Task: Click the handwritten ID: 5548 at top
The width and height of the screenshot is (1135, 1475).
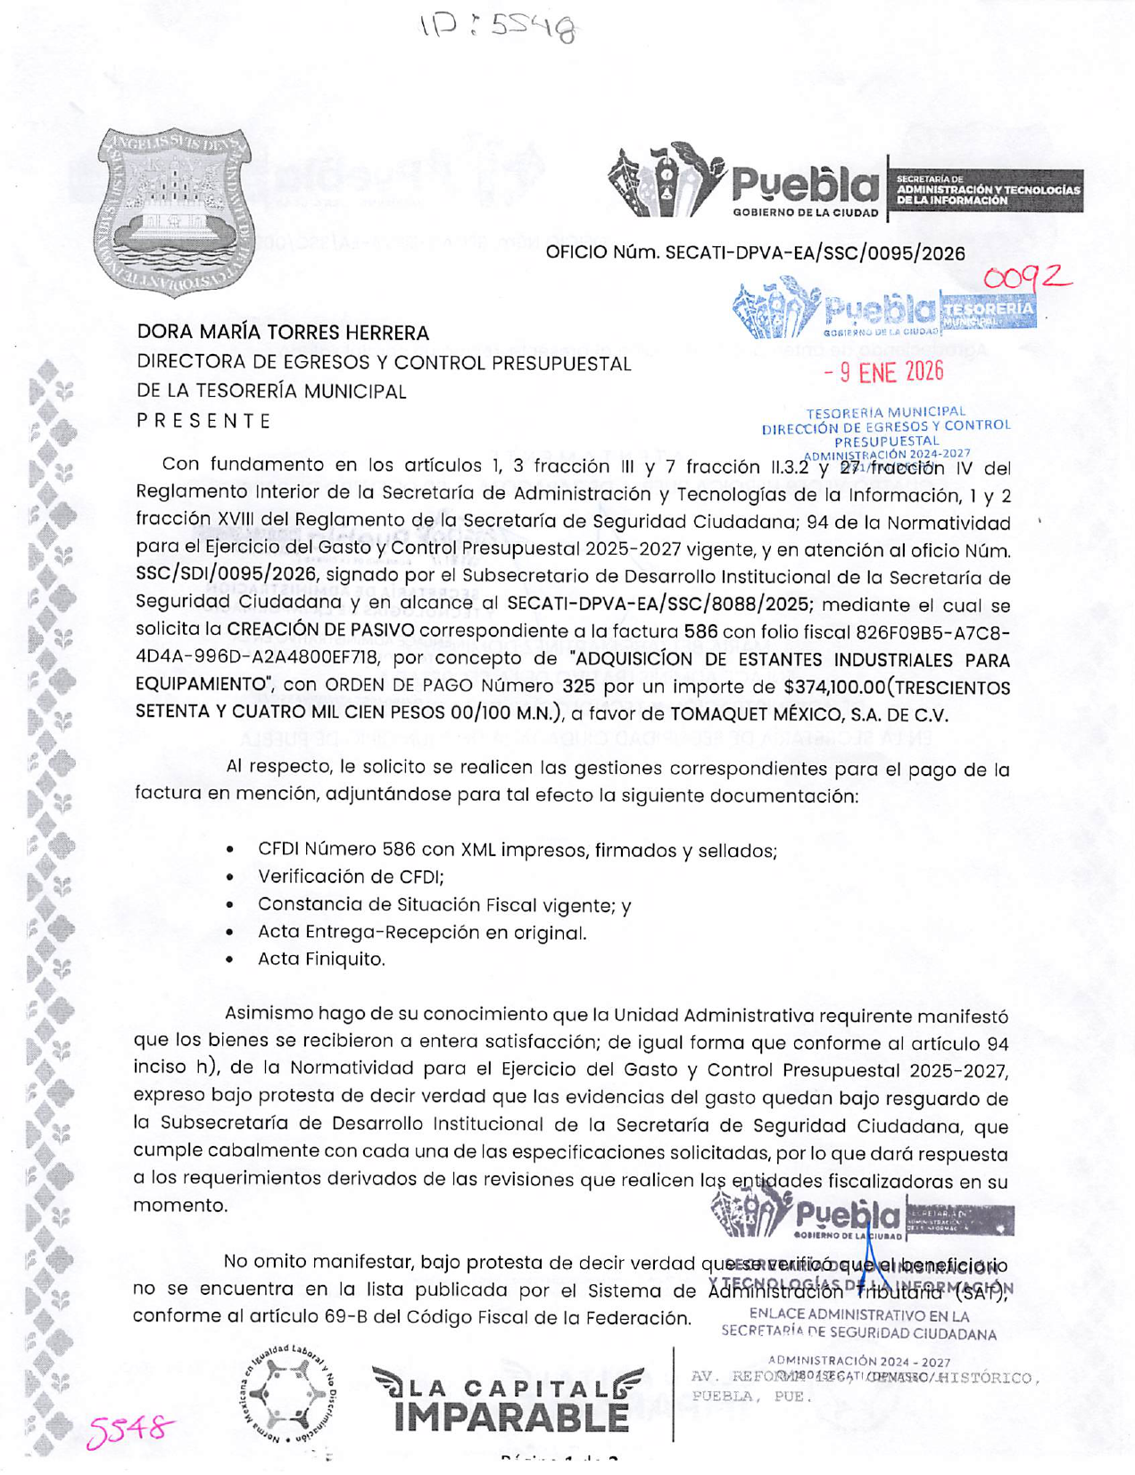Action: (499, 29)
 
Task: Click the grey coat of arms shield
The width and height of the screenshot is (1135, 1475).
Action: (175, 211)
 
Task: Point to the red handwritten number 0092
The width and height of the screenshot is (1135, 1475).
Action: (1026, 277)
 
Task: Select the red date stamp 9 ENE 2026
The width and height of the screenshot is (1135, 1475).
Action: (883, 371)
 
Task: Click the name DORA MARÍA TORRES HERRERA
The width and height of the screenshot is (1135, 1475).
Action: (283, 333)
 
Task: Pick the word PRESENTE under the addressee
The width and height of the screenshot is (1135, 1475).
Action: (203, 420)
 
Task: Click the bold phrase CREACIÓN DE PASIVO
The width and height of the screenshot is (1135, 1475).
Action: (320, 630)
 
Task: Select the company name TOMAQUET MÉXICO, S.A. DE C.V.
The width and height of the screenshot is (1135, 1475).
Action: (808, 714)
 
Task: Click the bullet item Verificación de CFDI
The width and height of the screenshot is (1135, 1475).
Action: (351, 877)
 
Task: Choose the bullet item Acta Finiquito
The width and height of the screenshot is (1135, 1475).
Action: (321, 960)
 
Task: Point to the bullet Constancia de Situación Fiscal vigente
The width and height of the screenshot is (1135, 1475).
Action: (443, 904)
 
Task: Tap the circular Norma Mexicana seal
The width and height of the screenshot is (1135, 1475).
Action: (287, 1393)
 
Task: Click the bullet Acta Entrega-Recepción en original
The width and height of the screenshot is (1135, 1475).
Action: (421, 933)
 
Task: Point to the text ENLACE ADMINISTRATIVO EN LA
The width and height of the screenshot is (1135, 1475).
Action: (858, 1314)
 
